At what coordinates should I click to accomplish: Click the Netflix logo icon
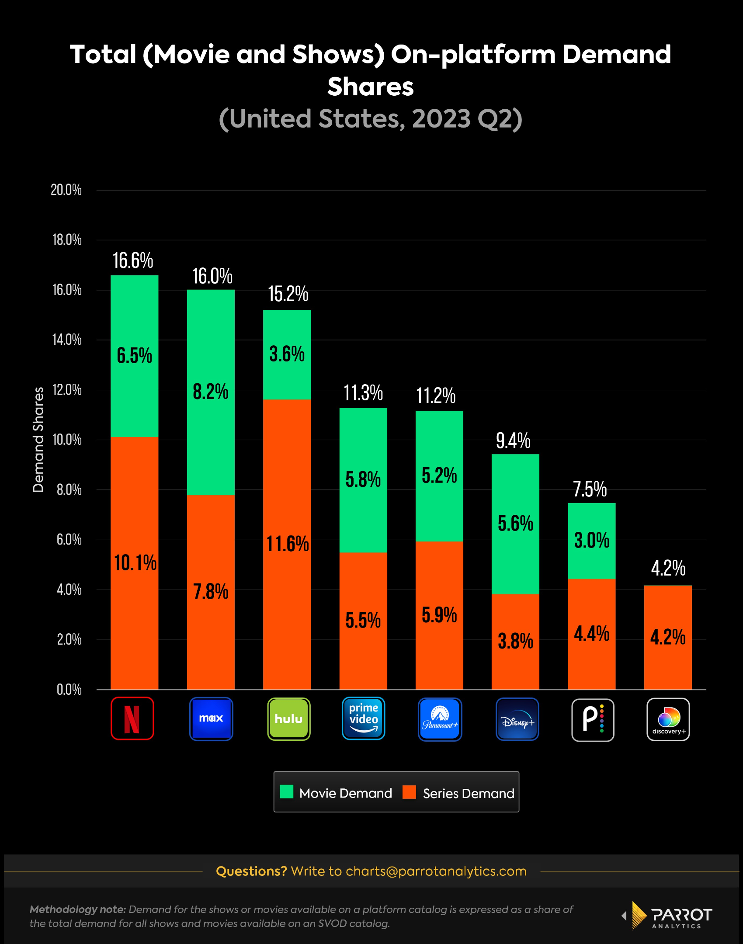[132, 718]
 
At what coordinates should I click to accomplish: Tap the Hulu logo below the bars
[288, 719]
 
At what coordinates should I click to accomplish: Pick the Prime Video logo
[363, 718]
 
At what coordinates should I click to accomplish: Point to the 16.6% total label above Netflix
[133, 261]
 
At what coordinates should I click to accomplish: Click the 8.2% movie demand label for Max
[211, 392]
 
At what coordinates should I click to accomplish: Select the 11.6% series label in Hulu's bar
[288, 544]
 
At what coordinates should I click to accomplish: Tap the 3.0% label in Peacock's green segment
[592, 541]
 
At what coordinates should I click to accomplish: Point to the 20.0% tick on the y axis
[66, 190]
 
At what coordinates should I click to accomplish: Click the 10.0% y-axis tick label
[67, 440]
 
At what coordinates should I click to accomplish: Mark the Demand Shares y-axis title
[38, 440]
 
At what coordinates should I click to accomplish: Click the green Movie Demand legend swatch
[286, 792]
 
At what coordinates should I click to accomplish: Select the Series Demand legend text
[469, 793]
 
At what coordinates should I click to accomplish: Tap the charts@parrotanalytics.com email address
[436, 871]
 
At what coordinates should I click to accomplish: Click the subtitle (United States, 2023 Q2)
[371, 119]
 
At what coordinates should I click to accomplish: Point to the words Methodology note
[78, 909]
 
